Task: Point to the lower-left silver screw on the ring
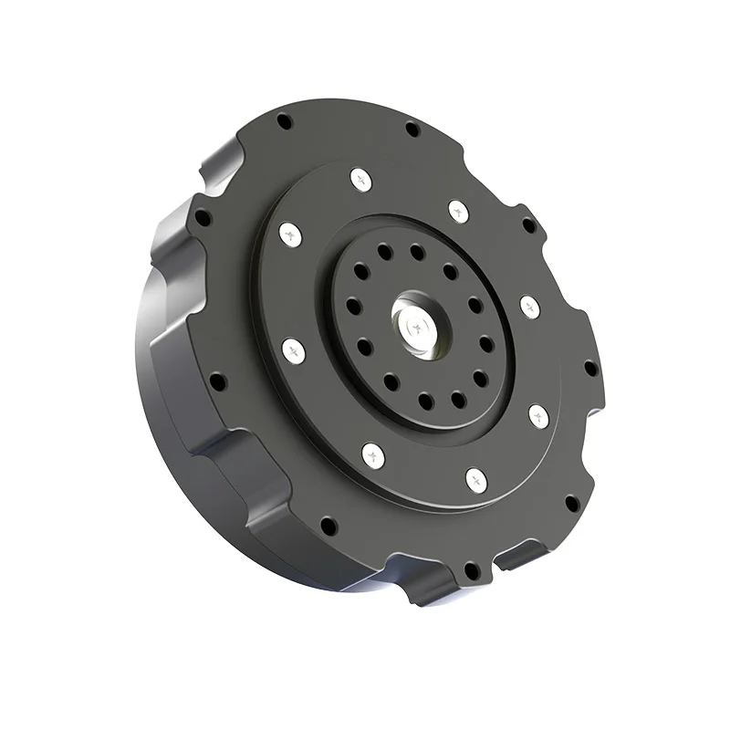point(371,452)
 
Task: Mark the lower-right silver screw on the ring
point(538,416)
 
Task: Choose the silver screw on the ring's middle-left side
point(293,348)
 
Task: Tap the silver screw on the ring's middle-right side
point(529,305)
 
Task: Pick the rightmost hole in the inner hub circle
point(486,344)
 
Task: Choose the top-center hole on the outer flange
point(412,127)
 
